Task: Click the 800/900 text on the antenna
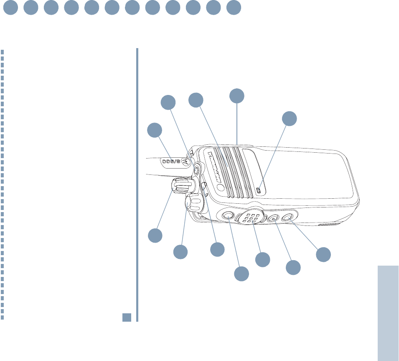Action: point(171,161)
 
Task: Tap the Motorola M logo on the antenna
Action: point(186,162)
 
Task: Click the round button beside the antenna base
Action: point(196,170)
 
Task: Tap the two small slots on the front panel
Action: point(258,190)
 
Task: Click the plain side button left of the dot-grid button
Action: point(228,215)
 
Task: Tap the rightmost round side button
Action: point(287,217)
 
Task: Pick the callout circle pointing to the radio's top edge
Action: point(237,95)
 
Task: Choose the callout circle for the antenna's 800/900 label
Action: point(155,130)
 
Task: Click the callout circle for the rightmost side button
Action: point(323,254)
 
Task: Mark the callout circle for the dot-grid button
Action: point(262,260)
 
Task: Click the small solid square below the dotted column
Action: point(127,317)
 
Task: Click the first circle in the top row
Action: point(10,8)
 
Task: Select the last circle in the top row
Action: point(234,8)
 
